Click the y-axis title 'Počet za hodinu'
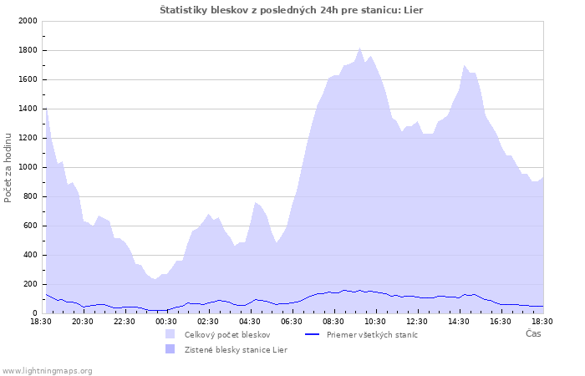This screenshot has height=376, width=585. click(9, 167)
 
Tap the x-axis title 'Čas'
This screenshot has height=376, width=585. click(532, 334)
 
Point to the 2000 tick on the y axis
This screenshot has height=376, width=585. click(27, 21)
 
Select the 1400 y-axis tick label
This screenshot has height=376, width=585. click(27, 109)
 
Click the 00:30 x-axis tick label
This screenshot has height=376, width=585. click(166, 321)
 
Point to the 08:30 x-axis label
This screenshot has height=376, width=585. click(333, 321)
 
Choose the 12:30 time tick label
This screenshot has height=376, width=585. click(417, 321)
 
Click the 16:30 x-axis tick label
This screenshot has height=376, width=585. click(501, 321)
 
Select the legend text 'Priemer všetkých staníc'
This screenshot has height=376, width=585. click(372, 334)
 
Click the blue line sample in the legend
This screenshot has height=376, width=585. click(313, 334)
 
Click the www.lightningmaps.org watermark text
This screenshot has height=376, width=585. click(48, 370)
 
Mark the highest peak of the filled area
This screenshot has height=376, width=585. click(360, 48)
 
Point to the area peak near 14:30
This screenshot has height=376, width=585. click(465, 65)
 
